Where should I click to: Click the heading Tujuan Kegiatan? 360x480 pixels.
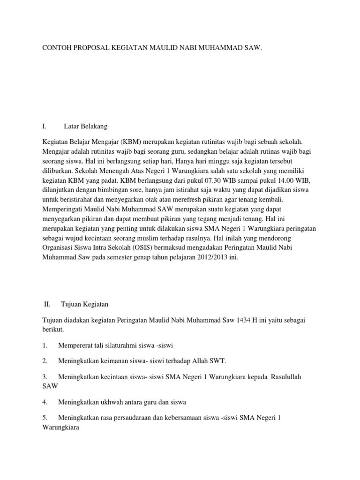pos(85,304)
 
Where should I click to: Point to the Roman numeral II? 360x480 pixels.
pos(47,304)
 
